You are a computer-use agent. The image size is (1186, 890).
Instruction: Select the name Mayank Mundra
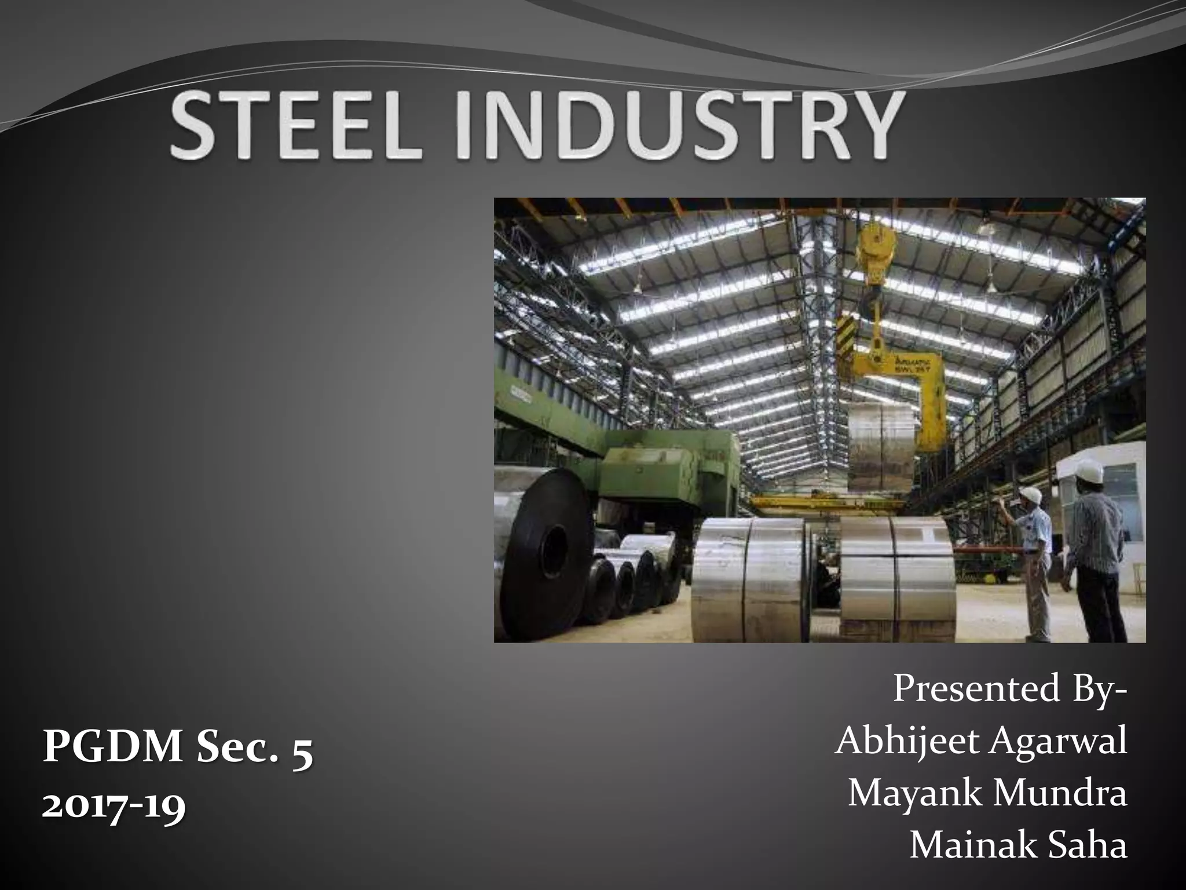[987, 794]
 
